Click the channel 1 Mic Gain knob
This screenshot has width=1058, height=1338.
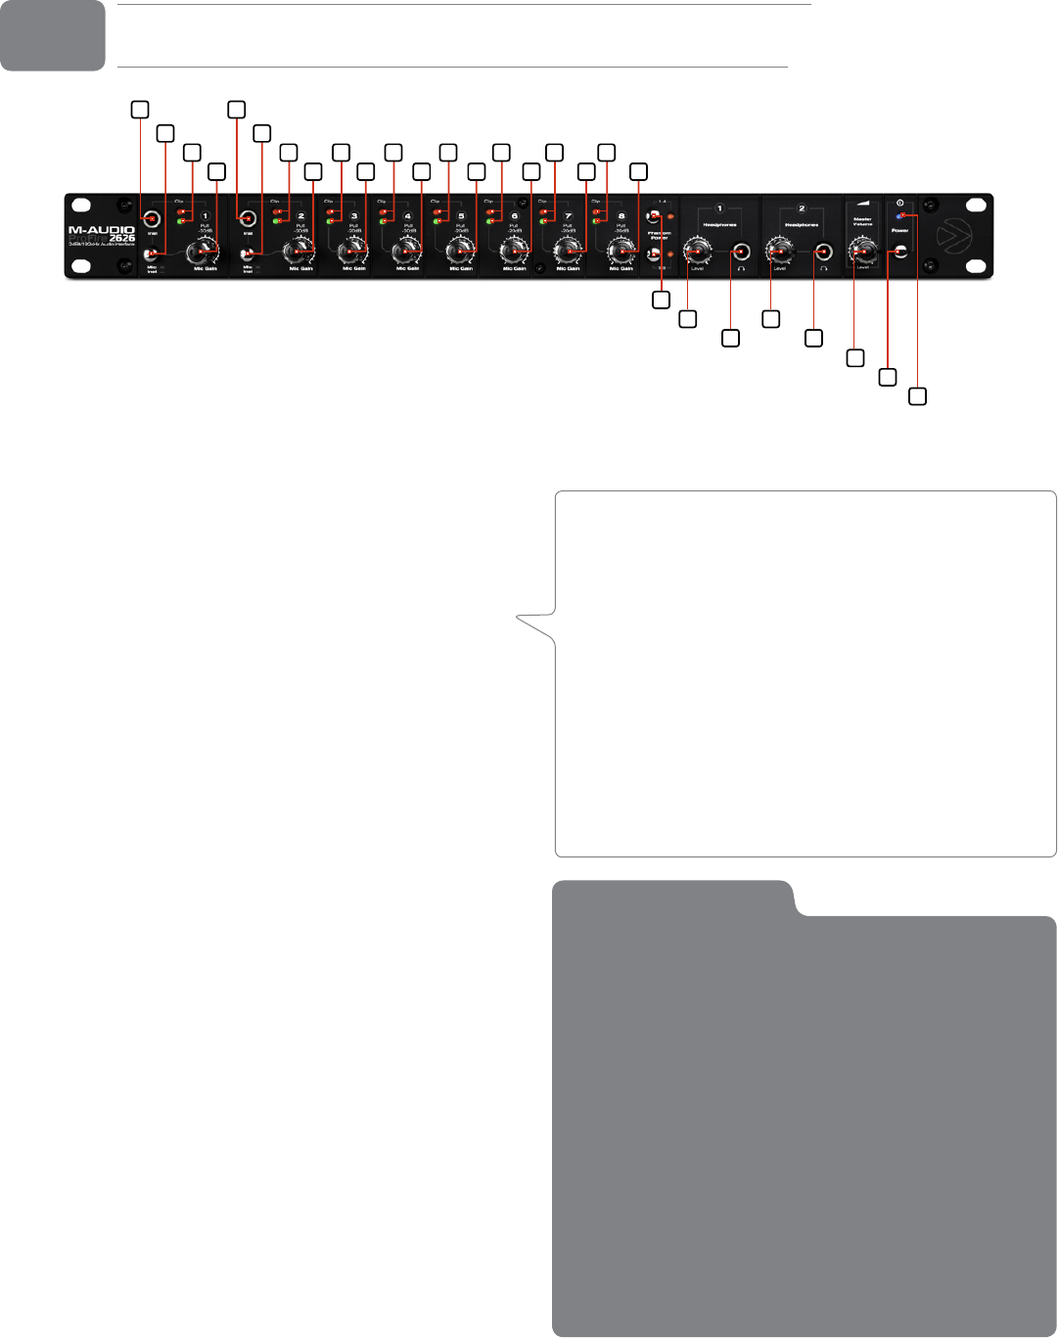pyautogui.click(x=204, y=253)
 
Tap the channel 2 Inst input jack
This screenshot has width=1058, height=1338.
pyautogui.click(x=247, y=219)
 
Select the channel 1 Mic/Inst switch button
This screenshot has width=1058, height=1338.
pyautogui.click(x=152, y=254)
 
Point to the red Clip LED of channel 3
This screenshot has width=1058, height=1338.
pyautogui.click(x=331, y=211)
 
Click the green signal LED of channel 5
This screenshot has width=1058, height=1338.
pyautogui.click(x=437, y=222)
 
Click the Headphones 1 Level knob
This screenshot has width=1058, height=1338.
pyautogui.click(x=697, y=253)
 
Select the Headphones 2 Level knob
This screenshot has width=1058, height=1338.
pyautogui.click(x=780, y=253)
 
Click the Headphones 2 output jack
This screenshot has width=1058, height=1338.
pyautogui.click(x=824, y=253)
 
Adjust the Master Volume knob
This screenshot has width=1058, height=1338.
pyautogui.click(x=862, y=253)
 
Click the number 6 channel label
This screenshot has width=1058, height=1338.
pyautogui.click(x=515, y=216)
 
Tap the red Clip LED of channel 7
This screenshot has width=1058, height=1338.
pyautogui.click(x=544, y=211)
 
